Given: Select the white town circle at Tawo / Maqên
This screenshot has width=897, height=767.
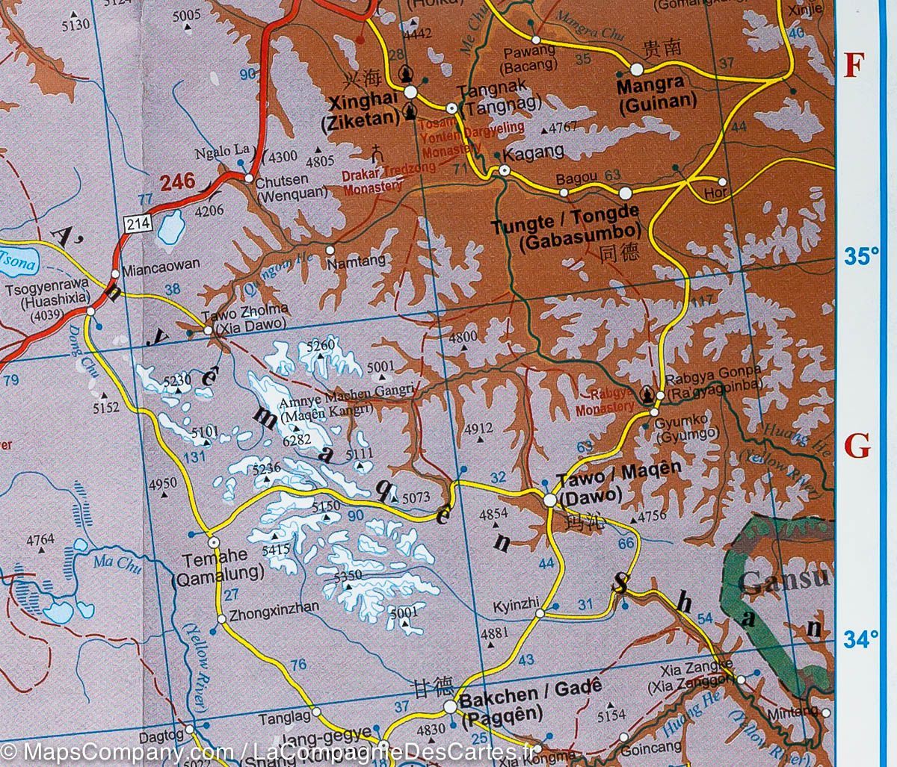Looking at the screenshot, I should (550, 500).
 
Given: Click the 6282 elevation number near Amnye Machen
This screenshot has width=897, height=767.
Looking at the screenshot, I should (295, 441).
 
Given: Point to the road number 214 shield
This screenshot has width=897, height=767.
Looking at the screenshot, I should (135, 223).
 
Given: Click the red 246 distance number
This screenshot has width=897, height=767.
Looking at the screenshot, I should (176, 180).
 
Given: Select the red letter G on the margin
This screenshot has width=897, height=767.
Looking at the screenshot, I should (857, 447).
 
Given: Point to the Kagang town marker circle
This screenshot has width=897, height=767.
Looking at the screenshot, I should (505, 171).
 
